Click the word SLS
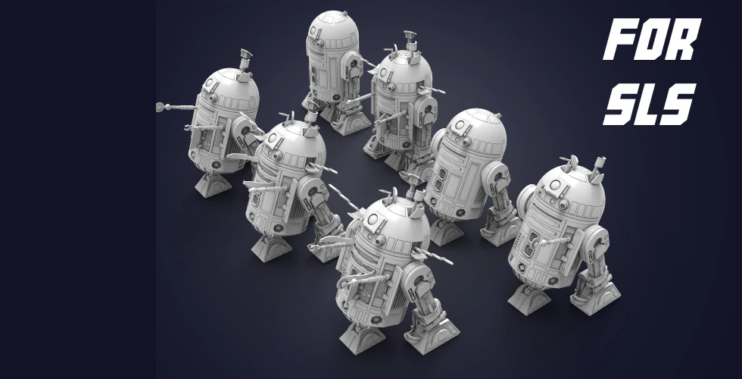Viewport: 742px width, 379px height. pos(649,106)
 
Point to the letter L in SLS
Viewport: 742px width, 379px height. pos(650,106)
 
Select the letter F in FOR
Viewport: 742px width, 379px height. pos(619,44)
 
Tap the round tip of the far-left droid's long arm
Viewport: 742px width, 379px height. pos(161,106)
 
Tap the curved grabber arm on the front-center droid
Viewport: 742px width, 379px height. pos(356,280)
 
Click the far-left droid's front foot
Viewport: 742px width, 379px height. pos(210,183)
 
